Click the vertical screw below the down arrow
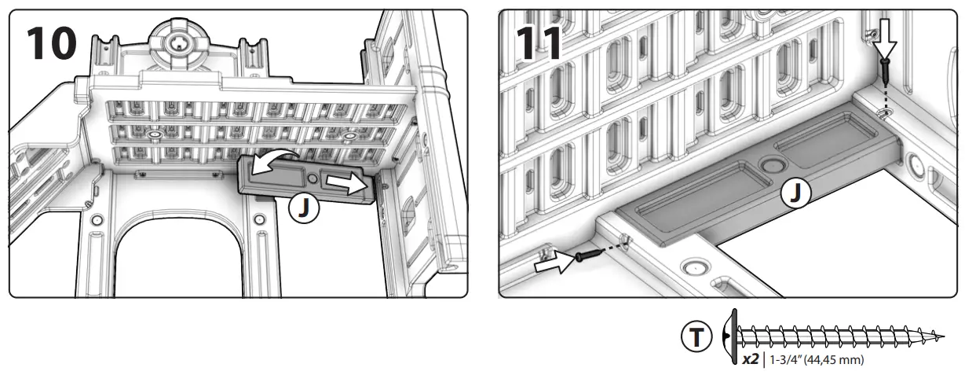[x=886, y=75]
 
